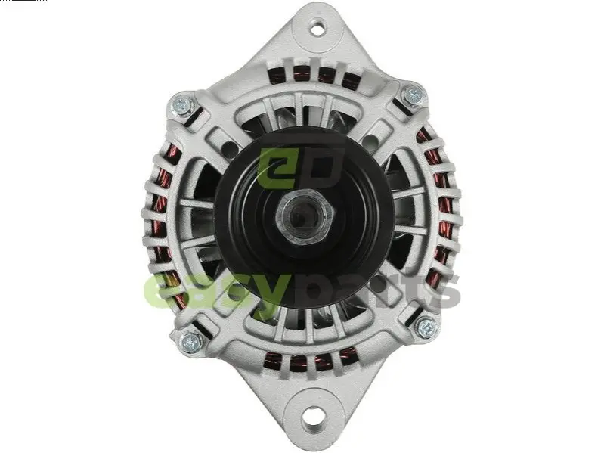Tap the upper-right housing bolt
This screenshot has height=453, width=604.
[414, 95]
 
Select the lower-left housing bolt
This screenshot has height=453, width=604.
[190, 341]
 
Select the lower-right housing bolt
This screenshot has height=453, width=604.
[427, 328]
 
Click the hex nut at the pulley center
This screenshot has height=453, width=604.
[305, 217]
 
